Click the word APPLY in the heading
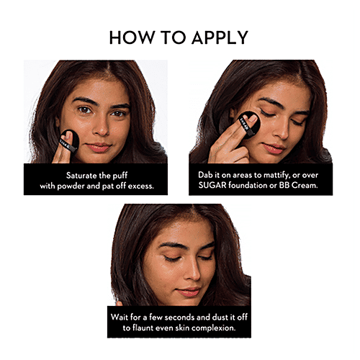tap(220, 37)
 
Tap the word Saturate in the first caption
tap(81, 176)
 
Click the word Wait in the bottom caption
tap(120, 317)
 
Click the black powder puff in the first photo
tap(69, 142)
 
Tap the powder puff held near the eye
tap(249, 125)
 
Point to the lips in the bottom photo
tap(188, 292)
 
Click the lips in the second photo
tap(273, 148)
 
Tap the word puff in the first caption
tap(120, 176)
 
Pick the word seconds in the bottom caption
tap(179, 317)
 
